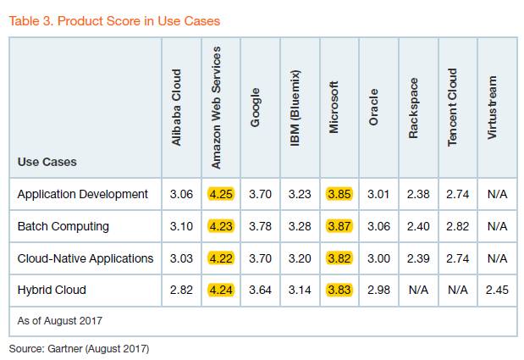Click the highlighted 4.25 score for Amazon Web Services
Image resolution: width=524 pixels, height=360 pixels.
pyautogui.click(x=220, y=194)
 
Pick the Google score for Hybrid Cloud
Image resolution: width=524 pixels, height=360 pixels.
pyautogui.click(x=260, y=289)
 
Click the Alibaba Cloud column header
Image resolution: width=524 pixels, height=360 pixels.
pyautogui.click(x=177, y=108)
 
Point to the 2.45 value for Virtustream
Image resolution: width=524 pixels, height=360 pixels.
pyautogui.click(x=497, y=289)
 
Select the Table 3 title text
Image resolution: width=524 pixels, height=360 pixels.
pyautogui.click(x=119, y=19)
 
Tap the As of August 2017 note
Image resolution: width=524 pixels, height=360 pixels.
pyautogui.click(x=61, y=320)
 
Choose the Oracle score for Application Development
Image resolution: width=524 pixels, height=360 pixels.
pyautogui.click(x=378, y=194)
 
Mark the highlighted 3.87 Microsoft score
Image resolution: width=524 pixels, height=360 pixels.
pyautogui.click(x=339, y=226)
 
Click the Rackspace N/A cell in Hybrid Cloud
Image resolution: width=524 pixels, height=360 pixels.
pyautogui.click(x=418, y=289)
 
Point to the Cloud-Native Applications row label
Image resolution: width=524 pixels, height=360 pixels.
pyautogui.click(x=85, y=258)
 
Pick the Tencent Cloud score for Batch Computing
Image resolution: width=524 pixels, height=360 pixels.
pyautogui.click(x=457, y=226)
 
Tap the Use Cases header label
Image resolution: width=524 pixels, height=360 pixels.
pyautogui.click(x=47, y=161)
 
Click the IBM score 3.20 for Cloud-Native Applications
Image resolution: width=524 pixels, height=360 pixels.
pyautogui.click(x=299, y=258)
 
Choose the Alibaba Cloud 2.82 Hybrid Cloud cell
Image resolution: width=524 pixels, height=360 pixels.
pyautogui.click(x=181, y=289)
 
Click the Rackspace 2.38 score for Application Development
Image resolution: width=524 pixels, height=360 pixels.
pyautogui.click(x=418, y=194)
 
